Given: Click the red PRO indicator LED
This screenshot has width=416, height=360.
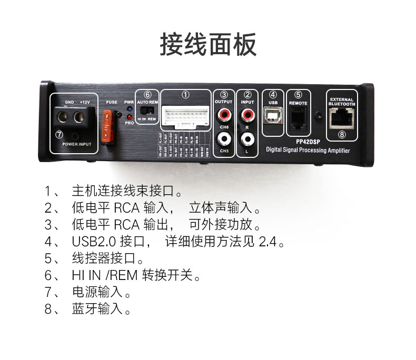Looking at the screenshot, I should point(129,116).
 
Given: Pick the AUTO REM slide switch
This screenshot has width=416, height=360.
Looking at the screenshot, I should point(150,110).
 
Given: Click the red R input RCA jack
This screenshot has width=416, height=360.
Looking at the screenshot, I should point(246,114).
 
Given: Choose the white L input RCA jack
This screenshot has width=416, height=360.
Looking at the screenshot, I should point(246,139).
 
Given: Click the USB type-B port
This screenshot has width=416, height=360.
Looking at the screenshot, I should point(273,116).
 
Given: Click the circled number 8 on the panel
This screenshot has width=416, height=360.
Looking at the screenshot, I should point(342,135).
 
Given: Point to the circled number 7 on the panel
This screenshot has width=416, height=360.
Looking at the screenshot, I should point(59,135).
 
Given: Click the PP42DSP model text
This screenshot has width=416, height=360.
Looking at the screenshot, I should point(308,141).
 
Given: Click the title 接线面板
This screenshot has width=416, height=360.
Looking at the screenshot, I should point(208,44).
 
